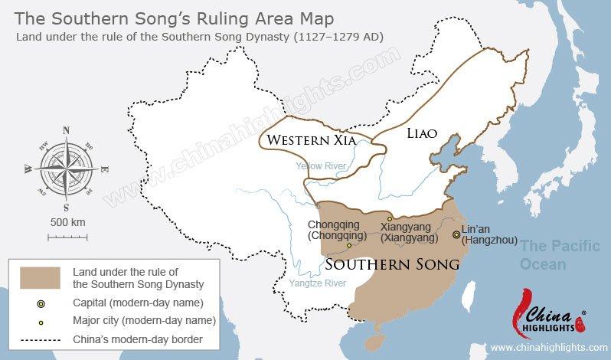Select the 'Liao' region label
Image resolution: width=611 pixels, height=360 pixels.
pyautogui.click(x=421, y=133)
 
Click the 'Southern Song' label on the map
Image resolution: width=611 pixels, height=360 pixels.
pyautogui.click(x=392, y=263)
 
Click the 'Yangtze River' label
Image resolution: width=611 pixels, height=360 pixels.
pyautogui.click(x=318, y=283)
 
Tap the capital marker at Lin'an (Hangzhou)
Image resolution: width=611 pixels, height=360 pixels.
pyautogui.click(x=456, y=235)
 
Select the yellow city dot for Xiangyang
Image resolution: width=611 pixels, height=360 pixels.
pyautogui.click(x=390, y=218)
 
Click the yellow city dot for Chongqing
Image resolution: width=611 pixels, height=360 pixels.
pyautogui.click(x=349, y=246)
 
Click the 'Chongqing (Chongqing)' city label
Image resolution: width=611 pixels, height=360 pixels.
pyautogui.click(x=333, y=230)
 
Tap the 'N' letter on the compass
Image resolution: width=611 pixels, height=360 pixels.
pyautogui.click(x=66, y=129)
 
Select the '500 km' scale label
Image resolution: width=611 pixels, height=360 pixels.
pyautogui.click(x=67, y=222)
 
